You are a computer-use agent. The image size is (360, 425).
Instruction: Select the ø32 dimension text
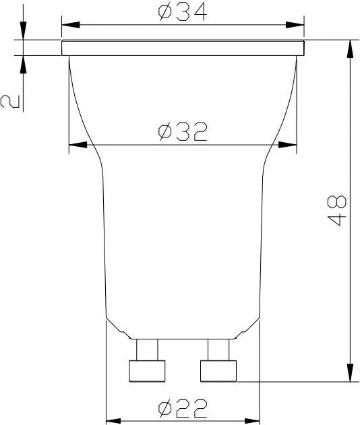point(182,131)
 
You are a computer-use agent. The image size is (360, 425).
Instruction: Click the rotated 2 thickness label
point(10,101)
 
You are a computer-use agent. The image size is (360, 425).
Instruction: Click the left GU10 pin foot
point(147,370)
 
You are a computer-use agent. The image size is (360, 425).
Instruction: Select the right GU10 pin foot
point(219,370)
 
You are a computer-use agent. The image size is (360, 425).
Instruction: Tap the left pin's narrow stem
point(147,349)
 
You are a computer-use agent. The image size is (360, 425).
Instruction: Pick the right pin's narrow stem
point(219,349)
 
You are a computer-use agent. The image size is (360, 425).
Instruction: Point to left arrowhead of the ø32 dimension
point(77,144)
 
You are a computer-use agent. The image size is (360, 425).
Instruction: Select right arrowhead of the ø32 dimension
point(289,144)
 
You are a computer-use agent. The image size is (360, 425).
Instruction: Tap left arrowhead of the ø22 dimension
point(114,418)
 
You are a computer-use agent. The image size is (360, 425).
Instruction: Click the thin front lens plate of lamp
point(183,48)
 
